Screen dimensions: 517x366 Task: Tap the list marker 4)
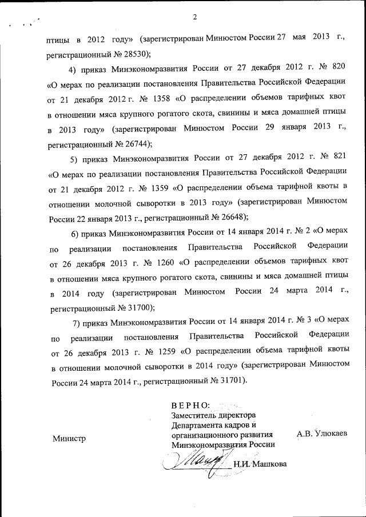tap(73, 70)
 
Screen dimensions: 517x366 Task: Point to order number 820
tap(338, 70)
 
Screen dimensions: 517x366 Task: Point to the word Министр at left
tap(69, 439)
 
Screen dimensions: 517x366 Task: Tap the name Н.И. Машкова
tap(260, 464)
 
